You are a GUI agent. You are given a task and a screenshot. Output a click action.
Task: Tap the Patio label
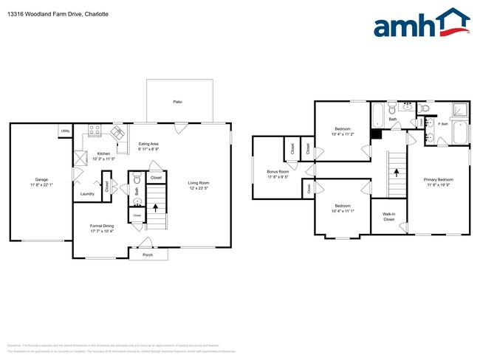[177, 102]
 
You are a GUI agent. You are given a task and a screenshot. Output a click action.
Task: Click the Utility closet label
[65, 131]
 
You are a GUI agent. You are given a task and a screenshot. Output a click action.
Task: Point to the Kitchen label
[103, 154]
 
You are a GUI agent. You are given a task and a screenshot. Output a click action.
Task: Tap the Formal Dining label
[101, 226]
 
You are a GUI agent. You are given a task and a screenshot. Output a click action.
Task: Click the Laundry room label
[87, 194]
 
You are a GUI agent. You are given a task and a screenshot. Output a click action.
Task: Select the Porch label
[148, 254]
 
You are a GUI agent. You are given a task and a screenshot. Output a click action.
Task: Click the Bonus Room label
[278, 172]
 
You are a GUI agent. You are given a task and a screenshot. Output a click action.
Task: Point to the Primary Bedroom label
[439, 180]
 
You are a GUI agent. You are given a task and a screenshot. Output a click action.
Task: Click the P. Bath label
[444, 123]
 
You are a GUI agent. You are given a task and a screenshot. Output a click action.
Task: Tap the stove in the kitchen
[95, 131]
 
